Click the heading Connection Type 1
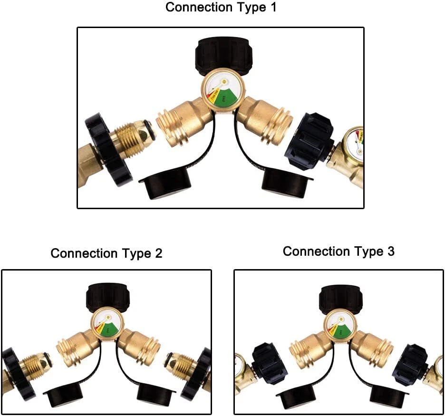[x=221, y=8]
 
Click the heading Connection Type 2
[x=106, y=253]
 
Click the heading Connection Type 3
[x=338, y=252]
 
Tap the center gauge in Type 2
[x=106, y=325]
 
